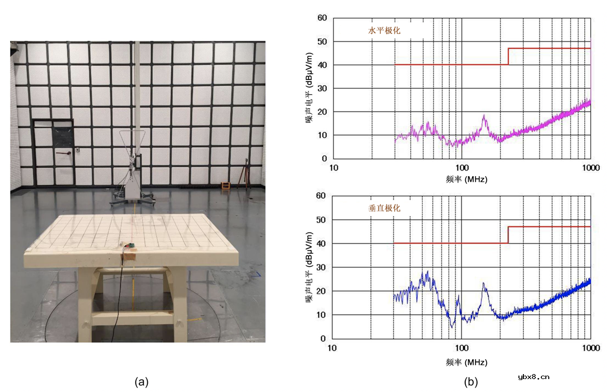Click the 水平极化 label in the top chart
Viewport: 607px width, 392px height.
pyautogui.click(x=384, y=30)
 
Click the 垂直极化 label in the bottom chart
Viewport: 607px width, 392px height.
pyautogui.click(x=384, y=208)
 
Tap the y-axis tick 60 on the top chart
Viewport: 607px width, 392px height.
pyautogui.click(x=322, y=18)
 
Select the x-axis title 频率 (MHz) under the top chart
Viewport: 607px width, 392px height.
pyautogui.click(x=466, y=179)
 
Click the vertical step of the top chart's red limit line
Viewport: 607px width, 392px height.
pyautogui.click(x=508, y=56)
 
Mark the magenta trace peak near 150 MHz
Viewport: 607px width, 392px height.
pyautogui.click(x=484, y=117)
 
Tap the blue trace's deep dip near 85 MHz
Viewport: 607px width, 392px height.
pyautogui.click(x=452, y=326)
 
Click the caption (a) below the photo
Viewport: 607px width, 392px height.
pyautogui.click(x=141, y=382)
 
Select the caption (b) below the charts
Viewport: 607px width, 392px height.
pyautogui.click(x=471, y=382)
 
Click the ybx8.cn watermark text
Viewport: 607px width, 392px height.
pyautogui.click(x=533, y=377)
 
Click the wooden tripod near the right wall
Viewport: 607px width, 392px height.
pyautogui.click(x=244, y=175)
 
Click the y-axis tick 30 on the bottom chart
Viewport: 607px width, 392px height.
pyautogui.click(x=322, y=267)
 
